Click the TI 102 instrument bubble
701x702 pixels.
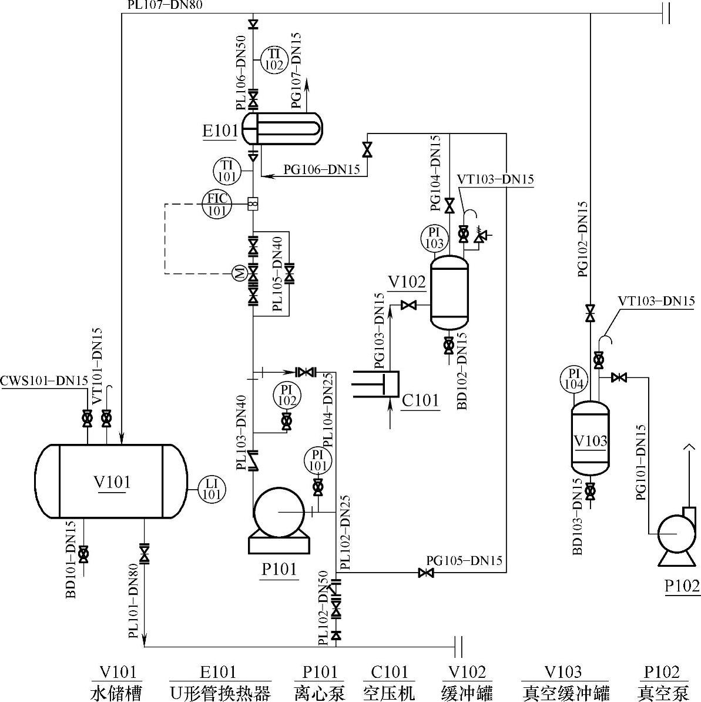pyautogui.click(x=274, y=60)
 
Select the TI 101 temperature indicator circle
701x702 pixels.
pyautogui.click(x=227, y=171)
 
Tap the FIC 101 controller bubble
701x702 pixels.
pyautogui.click(x=217, y=205)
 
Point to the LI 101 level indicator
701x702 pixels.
pyautogui.click(x=212, y=489)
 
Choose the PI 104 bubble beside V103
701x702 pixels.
pyautogui.click(x=574, y=378)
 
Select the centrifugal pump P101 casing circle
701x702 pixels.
pyautogui.click(x=279, y=512)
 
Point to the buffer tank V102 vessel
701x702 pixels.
pyautogui.click(x=449, y=291)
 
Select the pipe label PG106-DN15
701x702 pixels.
pyautogui.click(x=321, y=170)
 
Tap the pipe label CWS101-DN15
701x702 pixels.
pyautogui.click(x=44, y=381)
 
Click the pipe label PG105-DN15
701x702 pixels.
pyautogui.click(x=464, y=560)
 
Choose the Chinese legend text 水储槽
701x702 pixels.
pyautogui.click(x=116, y=693)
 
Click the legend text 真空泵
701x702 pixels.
pyautogui.click(x=663, y=693)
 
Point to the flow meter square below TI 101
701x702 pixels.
pyautogui.click(x=253, y=204)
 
